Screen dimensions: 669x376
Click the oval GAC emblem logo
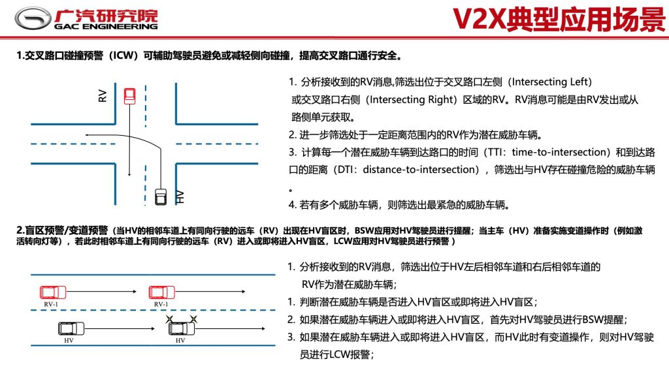click(33, 18)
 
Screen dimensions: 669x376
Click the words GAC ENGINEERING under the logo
click(106, 26)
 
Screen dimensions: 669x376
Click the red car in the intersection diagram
click(130, 96)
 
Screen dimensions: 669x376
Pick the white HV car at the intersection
click(161, 196)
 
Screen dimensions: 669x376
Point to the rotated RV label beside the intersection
click(103, 95)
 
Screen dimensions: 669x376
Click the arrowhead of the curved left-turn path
click(87, 135)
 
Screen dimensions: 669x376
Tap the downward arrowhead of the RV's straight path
click(129, 174)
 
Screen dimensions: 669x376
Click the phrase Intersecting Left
click(549, 82)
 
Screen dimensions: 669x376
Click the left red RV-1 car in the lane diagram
click(53, 292)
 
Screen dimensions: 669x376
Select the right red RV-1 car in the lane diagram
click(162, 292)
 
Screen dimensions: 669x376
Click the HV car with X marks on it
click(182, 328)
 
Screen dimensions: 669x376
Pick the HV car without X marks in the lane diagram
click(71, 328)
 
